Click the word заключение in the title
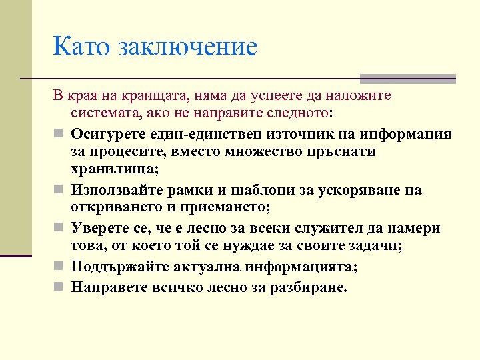click(187, 47)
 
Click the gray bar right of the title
click(407, 78)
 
